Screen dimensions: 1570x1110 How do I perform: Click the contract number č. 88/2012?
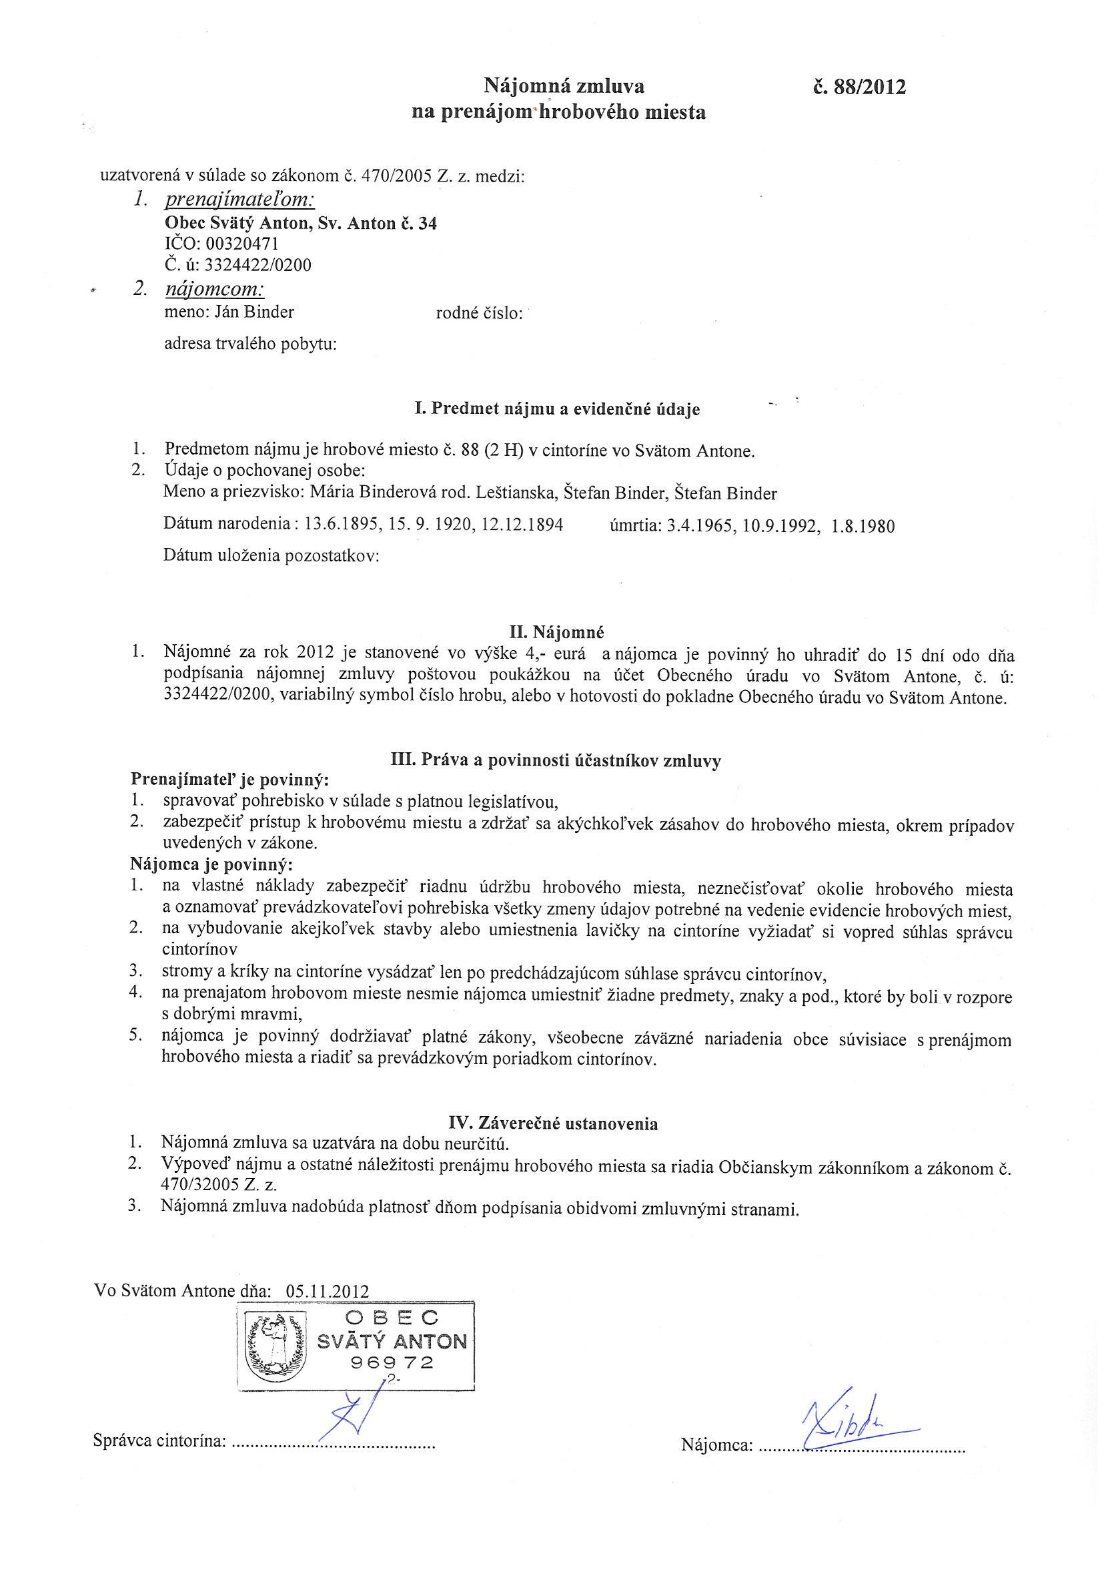857,87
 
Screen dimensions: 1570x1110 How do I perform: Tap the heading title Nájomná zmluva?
564,86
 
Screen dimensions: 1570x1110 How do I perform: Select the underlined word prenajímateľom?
240,200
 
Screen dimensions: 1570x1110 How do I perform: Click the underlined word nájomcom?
215,289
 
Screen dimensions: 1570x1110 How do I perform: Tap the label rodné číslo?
478,314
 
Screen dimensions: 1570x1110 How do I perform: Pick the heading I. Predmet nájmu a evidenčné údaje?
557,410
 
